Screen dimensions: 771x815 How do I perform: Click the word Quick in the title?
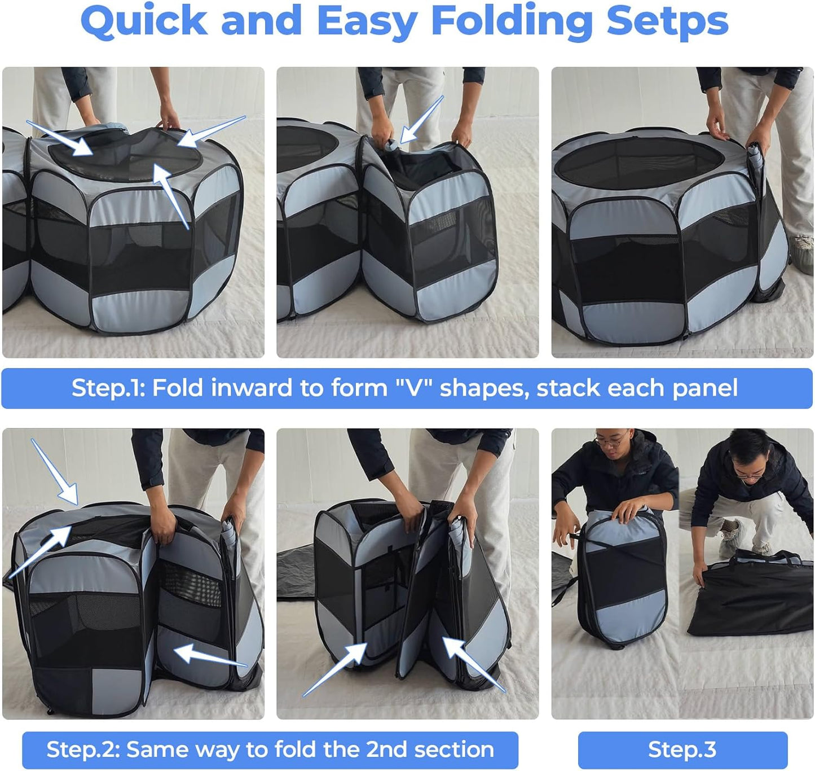click(x=144, y=21)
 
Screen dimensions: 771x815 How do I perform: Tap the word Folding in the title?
click(x=510, y=21)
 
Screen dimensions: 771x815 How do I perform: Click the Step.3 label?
click(x=682, y=750)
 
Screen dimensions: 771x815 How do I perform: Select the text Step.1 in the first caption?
click(x=108, y=388)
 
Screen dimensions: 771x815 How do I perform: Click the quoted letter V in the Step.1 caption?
click(x=415, y=388)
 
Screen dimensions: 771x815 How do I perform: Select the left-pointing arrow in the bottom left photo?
click(x=209, y=657)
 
